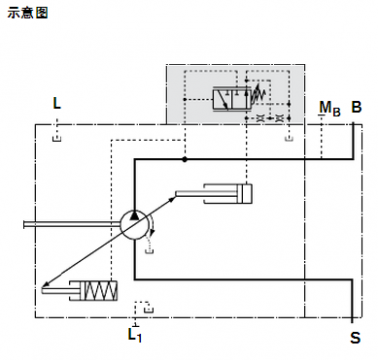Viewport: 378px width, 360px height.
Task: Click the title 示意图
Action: click(27, 13)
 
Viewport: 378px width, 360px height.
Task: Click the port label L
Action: click(57, 103)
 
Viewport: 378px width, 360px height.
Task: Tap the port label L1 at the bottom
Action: click(135, 334)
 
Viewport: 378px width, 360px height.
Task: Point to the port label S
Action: click(354, 338)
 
